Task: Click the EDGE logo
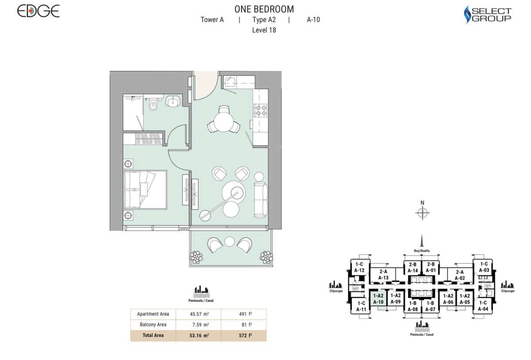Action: (38, 12)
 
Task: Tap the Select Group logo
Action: (487, 14)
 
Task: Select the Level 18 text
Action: (264, 30)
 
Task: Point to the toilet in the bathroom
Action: (153, 105)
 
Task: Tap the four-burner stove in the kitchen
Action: (260, 110)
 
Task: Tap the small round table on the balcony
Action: (229, 241)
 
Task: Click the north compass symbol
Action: (423, 213)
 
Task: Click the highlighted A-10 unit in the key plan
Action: (378, 299)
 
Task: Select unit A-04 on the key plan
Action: (484, 306)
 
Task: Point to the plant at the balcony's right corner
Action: (266, 256)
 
